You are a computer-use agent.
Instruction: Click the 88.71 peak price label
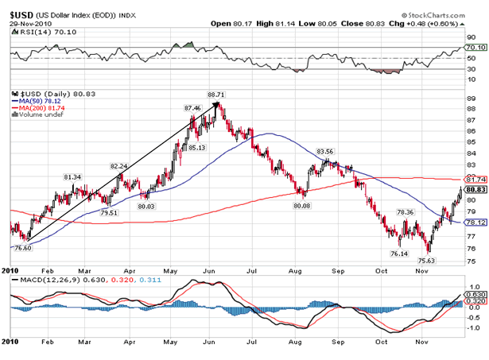[215, 95]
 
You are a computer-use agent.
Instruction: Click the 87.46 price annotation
[192, 107]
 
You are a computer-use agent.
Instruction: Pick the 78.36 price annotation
[405, 212]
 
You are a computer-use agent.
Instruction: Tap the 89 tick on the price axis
[471, 99]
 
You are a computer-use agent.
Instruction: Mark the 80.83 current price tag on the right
[475, 190]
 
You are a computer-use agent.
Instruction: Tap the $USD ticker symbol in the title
[21, 14]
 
